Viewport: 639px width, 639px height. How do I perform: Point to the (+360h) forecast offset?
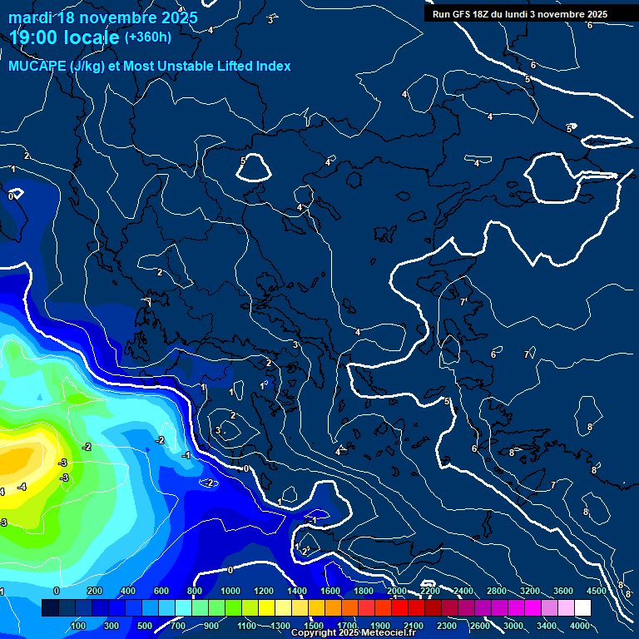pos(148,37)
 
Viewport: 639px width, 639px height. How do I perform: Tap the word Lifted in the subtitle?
pos(234,67)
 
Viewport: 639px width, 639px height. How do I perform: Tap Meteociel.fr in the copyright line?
pos(389,633)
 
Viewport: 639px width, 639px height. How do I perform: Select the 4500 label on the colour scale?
pos(596,591)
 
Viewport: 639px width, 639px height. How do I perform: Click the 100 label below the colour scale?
pos(78,626)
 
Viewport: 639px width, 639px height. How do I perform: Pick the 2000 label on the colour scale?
pos(397,591)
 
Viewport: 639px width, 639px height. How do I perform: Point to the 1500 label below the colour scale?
pos(313,626)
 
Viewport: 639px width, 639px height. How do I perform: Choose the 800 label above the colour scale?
pos(196,591)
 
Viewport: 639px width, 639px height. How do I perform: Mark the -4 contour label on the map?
pos(22,487)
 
